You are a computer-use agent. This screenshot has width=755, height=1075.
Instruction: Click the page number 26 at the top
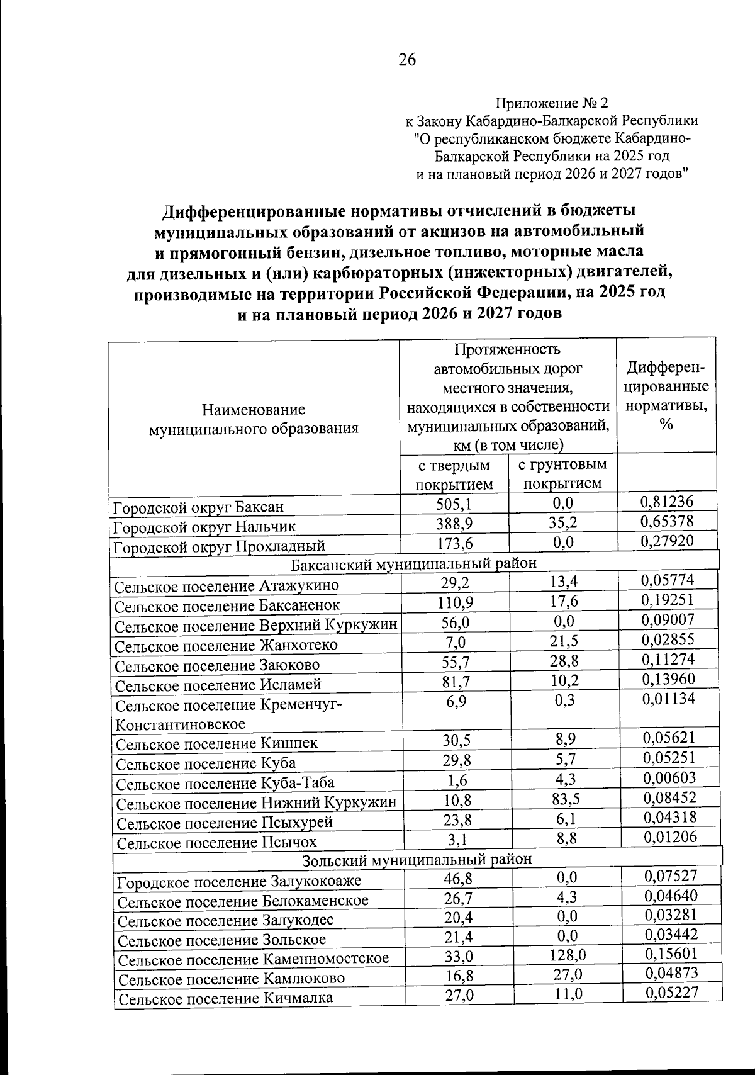coord(406,60)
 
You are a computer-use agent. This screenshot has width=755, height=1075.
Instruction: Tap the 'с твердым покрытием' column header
coord(454,474)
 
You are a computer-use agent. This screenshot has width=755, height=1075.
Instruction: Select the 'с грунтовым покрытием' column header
coord(562,474)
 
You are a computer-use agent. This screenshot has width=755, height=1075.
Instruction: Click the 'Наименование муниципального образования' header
coord(254,419)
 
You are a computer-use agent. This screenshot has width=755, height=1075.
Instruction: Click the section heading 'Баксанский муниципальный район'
coord(414,563)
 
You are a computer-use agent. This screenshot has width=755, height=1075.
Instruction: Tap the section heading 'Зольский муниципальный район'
coord(417,859)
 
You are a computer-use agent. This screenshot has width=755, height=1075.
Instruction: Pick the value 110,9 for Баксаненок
coord(456,602)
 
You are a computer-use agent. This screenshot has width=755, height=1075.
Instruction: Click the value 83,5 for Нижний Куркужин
coord(564,799)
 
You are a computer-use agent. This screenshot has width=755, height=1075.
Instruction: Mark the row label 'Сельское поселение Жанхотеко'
coord(226,645)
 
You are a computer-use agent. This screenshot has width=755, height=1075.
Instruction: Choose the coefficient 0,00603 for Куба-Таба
coord(669,778)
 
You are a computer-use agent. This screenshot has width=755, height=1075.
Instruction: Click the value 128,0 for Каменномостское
coord(566,955)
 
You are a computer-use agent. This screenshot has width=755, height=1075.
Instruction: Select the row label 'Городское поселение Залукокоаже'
coord(239,881)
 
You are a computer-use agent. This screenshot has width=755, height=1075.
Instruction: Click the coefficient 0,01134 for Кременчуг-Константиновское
coord(668,699)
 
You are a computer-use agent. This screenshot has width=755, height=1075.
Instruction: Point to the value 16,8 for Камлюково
coord(457,976)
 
